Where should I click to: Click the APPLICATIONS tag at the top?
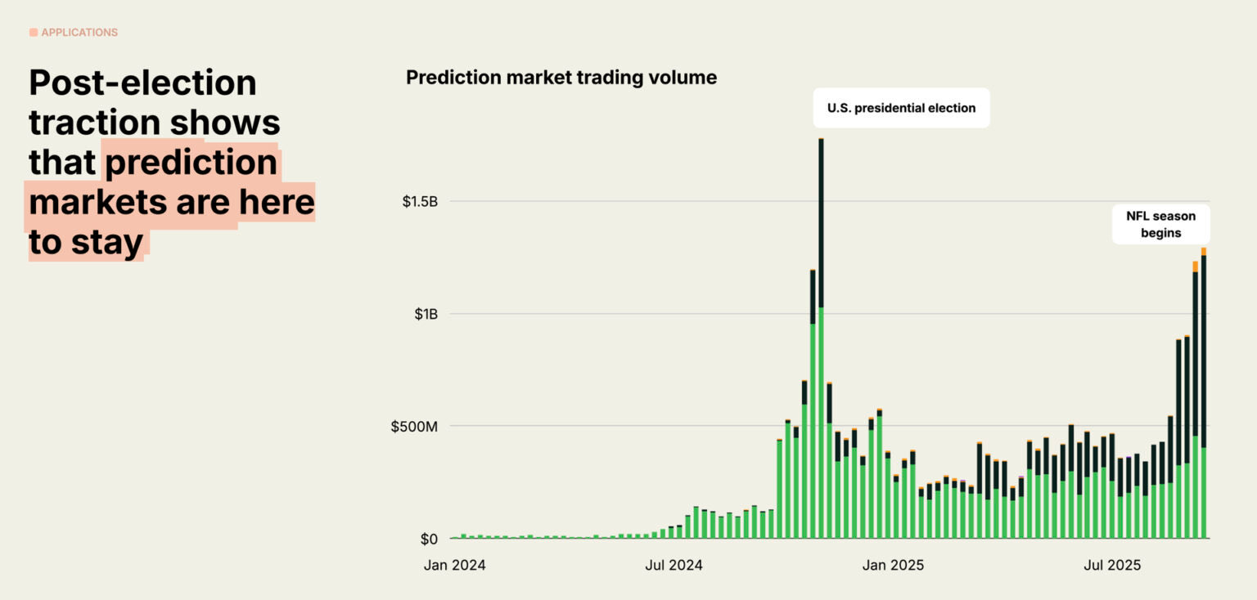click(79, 33)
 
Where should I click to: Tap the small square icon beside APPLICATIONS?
click(34, 33)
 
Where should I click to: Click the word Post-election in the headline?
click(142, 83)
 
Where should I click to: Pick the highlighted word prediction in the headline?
click(191, 163)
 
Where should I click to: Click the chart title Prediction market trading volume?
click(561, 78)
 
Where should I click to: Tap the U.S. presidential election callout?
click(901, 108)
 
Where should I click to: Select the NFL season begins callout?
click(1160, 224)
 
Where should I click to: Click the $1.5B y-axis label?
click(420, 202)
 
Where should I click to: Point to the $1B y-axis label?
click(425, 315)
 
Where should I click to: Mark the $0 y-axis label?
click(430, 540)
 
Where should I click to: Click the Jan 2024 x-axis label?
click(454, 565)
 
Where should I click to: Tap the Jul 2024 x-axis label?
click(674, 565)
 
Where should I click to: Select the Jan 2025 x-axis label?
click(894, 565)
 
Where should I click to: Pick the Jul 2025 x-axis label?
click(1111, 565)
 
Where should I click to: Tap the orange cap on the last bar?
click(1204, 252)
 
